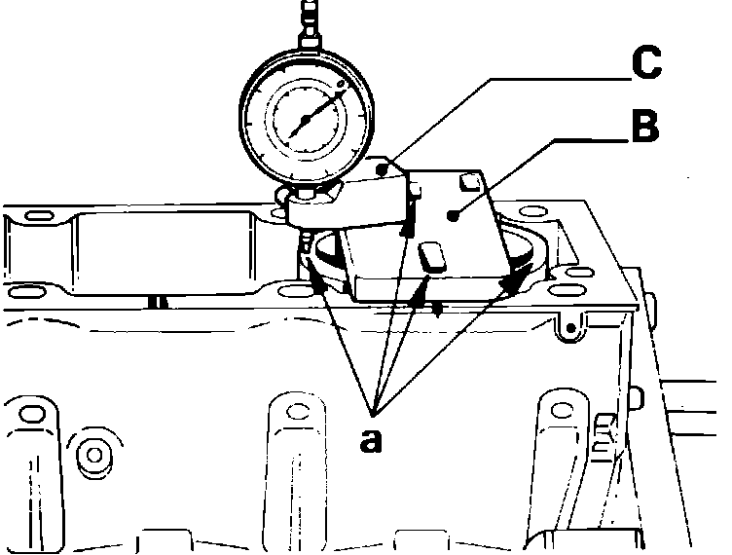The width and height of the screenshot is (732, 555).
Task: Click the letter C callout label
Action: [x=643, y=63]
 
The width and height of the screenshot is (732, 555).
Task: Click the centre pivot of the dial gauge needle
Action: [x=305, y=120]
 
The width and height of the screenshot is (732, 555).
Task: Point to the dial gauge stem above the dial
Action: [x=311, y=24]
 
